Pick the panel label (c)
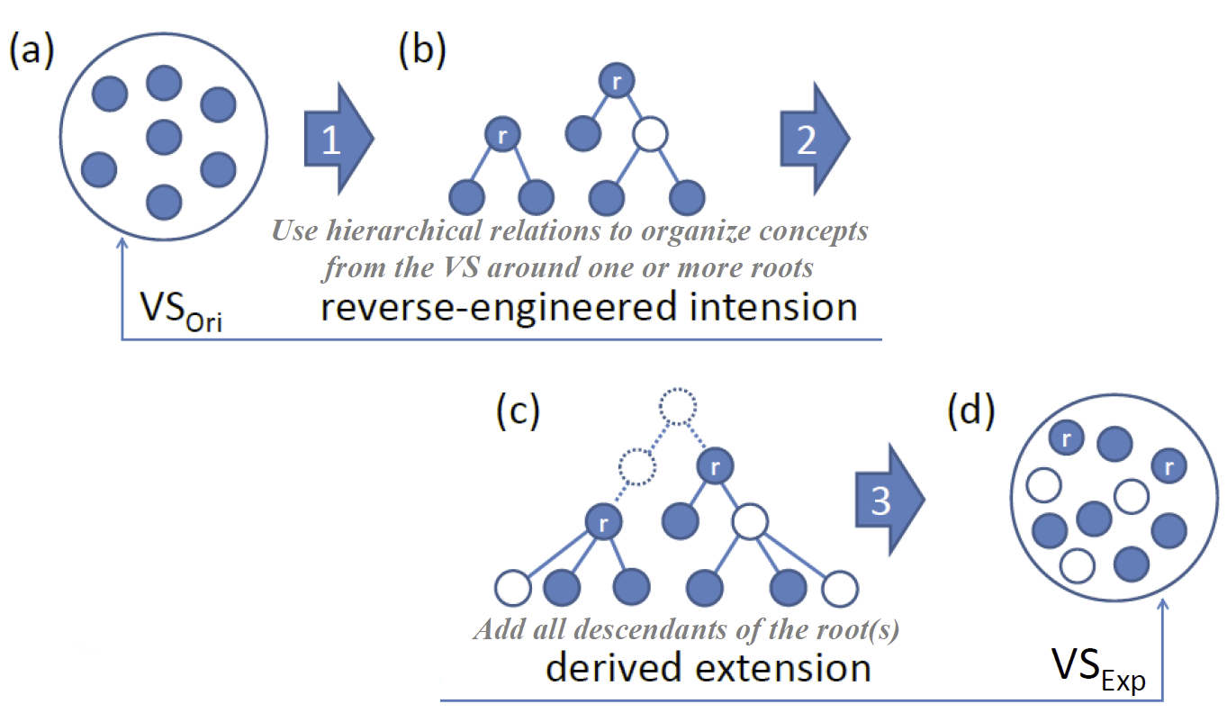coord(518,411)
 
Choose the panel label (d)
coord(971,411)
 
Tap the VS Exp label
coord(1098,668)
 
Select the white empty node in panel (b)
coord(649,136)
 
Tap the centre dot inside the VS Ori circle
coord(164,137)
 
